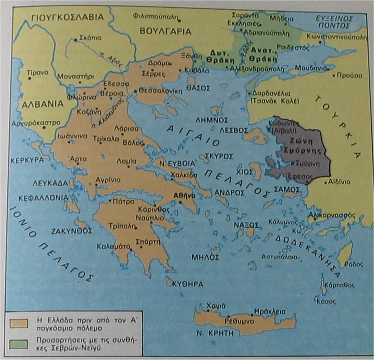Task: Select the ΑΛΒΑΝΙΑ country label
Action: [x=41, y=103]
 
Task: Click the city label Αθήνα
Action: [x=184, y=196]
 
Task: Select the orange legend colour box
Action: [x=19, y=323]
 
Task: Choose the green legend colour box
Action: [x=19, y=344]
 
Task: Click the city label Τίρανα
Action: [x=37, y=72]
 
